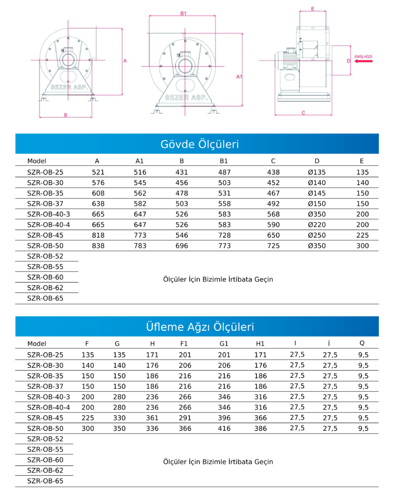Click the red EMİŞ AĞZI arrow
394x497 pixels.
tap(363, 61)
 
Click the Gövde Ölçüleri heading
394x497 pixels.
tap(199, 144)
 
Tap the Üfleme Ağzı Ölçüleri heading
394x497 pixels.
tap(200, 327)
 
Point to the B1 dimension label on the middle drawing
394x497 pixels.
tap(183, 13)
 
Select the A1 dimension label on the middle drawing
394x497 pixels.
tap(239, 76)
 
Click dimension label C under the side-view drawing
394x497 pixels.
tap(303, 113)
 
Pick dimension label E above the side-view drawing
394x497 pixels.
tap(313, 9)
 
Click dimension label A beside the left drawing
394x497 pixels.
tap(125, 61)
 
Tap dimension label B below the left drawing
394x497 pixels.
tap(65, 115)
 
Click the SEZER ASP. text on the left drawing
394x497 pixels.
tap(69, 87)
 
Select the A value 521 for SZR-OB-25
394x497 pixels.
tap(98, 172)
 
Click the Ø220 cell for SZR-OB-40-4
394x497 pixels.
tap(317, 225)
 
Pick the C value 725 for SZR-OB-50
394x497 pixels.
tap(273, 246)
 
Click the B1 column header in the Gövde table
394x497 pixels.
tap(224, 161)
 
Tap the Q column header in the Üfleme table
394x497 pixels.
tap(362, 343)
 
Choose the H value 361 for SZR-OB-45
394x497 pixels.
tap(152, 418)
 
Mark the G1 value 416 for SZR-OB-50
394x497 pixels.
tap(224, 428)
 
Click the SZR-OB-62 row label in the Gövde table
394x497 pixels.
tap(45, 288)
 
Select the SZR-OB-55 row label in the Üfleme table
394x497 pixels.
tap(45, 449)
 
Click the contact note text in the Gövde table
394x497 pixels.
tap(218, 279)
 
